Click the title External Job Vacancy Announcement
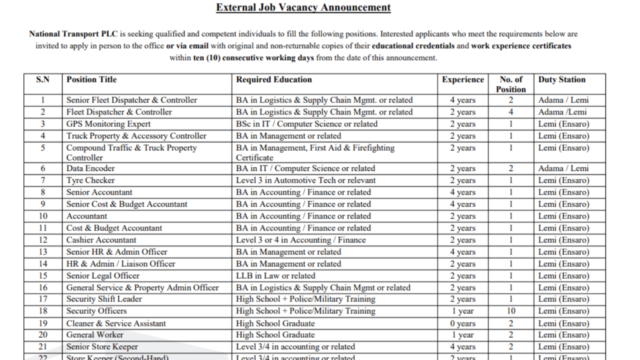pos(303,7)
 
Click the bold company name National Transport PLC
pos(73,34)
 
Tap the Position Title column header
pos(91,79)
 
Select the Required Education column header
pos(274,79)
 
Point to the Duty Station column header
pos(561,79)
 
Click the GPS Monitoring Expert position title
pos(108,124)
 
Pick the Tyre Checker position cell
pos(90,180)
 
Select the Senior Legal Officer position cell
pos(103,276)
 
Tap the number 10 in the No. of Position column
pos(511,311)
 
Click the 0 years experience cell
pos(462,323)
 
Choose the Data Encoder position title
pos(90,168)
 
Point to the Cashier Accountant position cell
pos(101,240)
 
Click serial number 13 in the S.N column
pos(43,252)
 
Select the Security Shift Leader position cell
pos(104,299)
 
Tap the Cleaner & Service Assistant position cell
pos(116,323)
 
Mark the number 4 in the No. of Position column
pos(511,112)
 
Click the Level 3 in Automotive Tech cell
pos(305,180)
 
